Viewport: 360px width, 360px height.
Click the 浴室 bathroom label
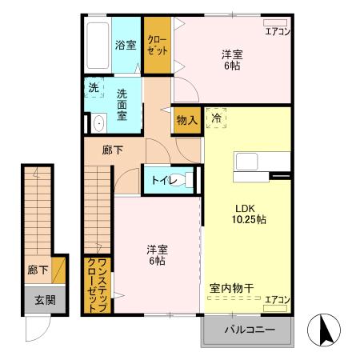tap(125, 45)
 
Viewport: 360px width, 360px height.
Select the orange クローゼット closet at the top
tap(158, 45)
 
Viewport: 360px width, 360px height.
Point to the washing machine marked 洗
tap(94, 87)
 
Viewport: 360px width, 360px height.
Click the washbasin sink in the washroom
tap(98, 123)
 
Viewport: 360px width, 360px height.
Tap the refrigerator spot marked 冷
tap(216, 118)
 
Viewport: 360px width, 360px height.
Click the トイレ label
tap(158, 180)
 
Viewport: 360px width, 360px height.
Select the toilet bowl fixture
tap(186, 180)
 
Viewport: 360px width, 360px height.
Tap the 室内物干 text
tap(232, 287)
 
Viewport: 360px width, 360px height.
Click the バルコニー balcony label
tap(249, 330)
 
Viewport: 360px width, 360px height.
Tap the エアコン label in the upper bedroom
tap(277, 32)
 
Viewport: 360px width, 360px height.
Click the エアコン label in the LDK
tap(277, 299)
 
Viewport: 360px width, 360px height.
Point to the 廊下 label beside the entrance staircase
tap(37, 270)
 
